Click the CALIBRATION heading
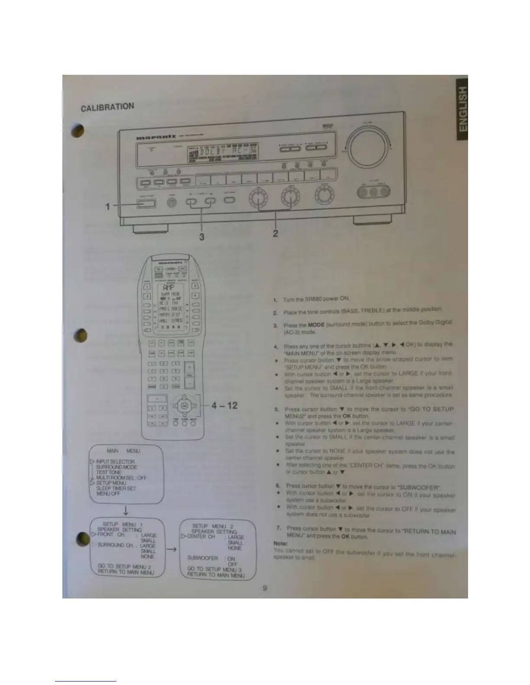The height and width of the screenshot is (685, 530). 108,107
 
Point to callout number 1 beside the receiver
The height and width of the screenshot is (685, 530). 108,206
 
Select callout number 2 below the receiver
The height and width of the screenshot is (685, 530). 275,234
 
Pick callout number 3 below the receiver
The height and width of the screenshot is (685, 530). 201,237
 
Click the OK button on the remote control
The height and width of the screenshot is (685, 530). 184,406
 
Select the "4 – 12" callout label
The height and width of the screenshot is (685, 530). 224,406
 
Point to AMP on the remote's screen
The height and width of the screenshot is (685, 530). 168,288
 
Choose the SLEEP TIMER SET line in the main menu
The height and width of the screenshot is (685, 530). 116,488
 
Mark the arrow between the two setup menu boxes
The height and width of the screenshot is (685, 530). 171,549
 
